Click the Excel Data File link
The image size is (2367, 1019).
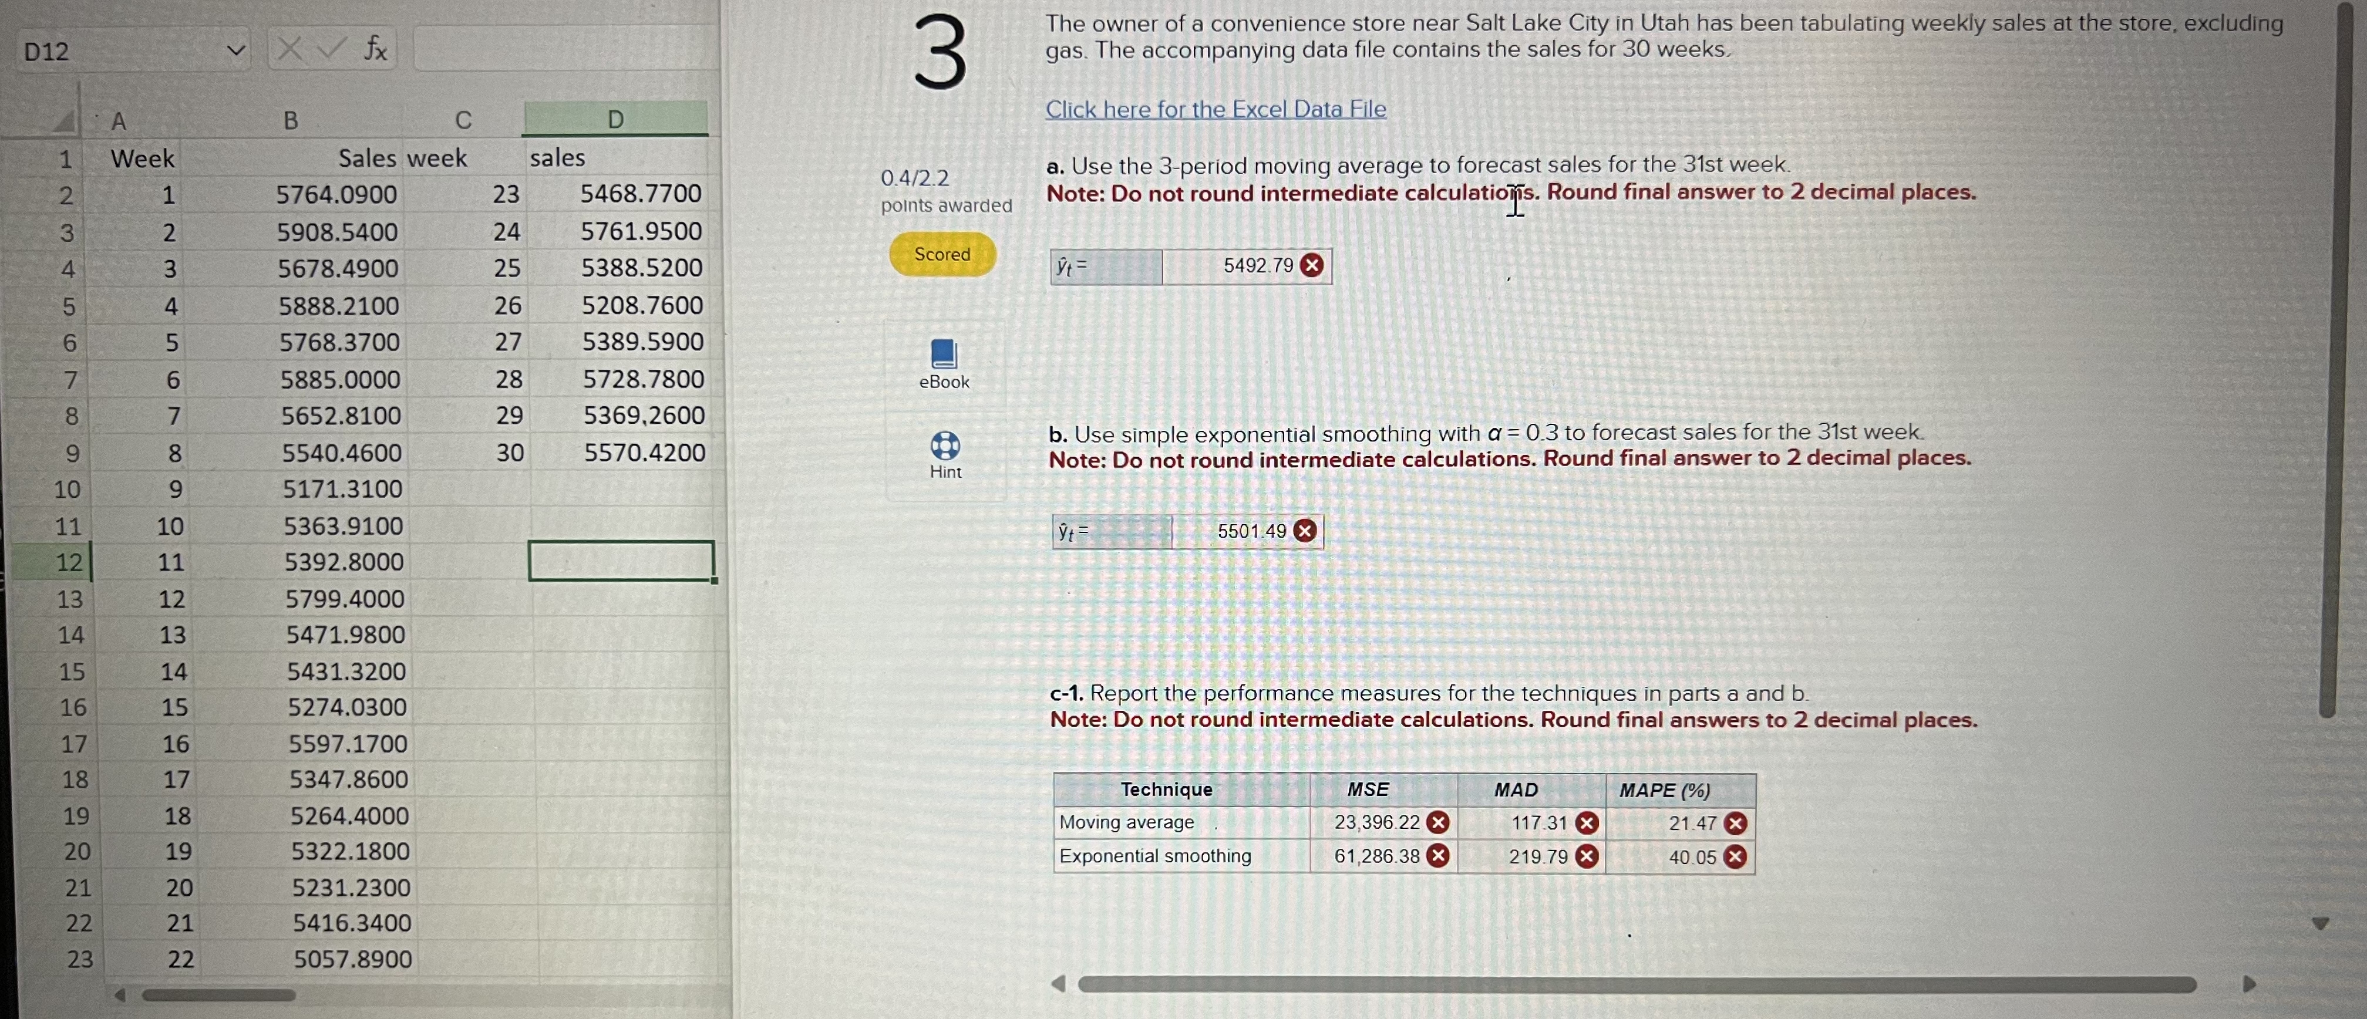coord(1215,109)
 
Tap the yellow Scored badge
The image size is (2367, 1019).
coord(942,255)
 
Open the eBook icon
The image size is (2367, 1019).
coord(944,355)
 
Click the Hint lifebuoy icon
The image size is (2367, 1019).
coord(945,447)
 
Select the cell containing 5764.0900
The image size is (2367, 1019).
coord(336,195)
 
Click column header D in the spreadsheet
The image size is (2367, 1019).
coord(615,119)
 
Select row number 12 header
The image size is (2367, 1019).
coord(69,562)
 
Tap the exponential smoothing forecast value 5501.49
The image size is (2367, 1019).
coord(1251,532)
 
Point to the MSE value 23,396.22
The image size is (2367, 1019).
coord(1376,822)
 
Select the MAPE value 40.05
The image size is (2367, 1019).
coord(1692,857)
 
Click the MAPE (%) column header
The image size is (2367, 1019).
coord(1664,790)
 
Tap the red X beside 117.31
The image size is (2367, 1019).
coord(1586,824)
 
